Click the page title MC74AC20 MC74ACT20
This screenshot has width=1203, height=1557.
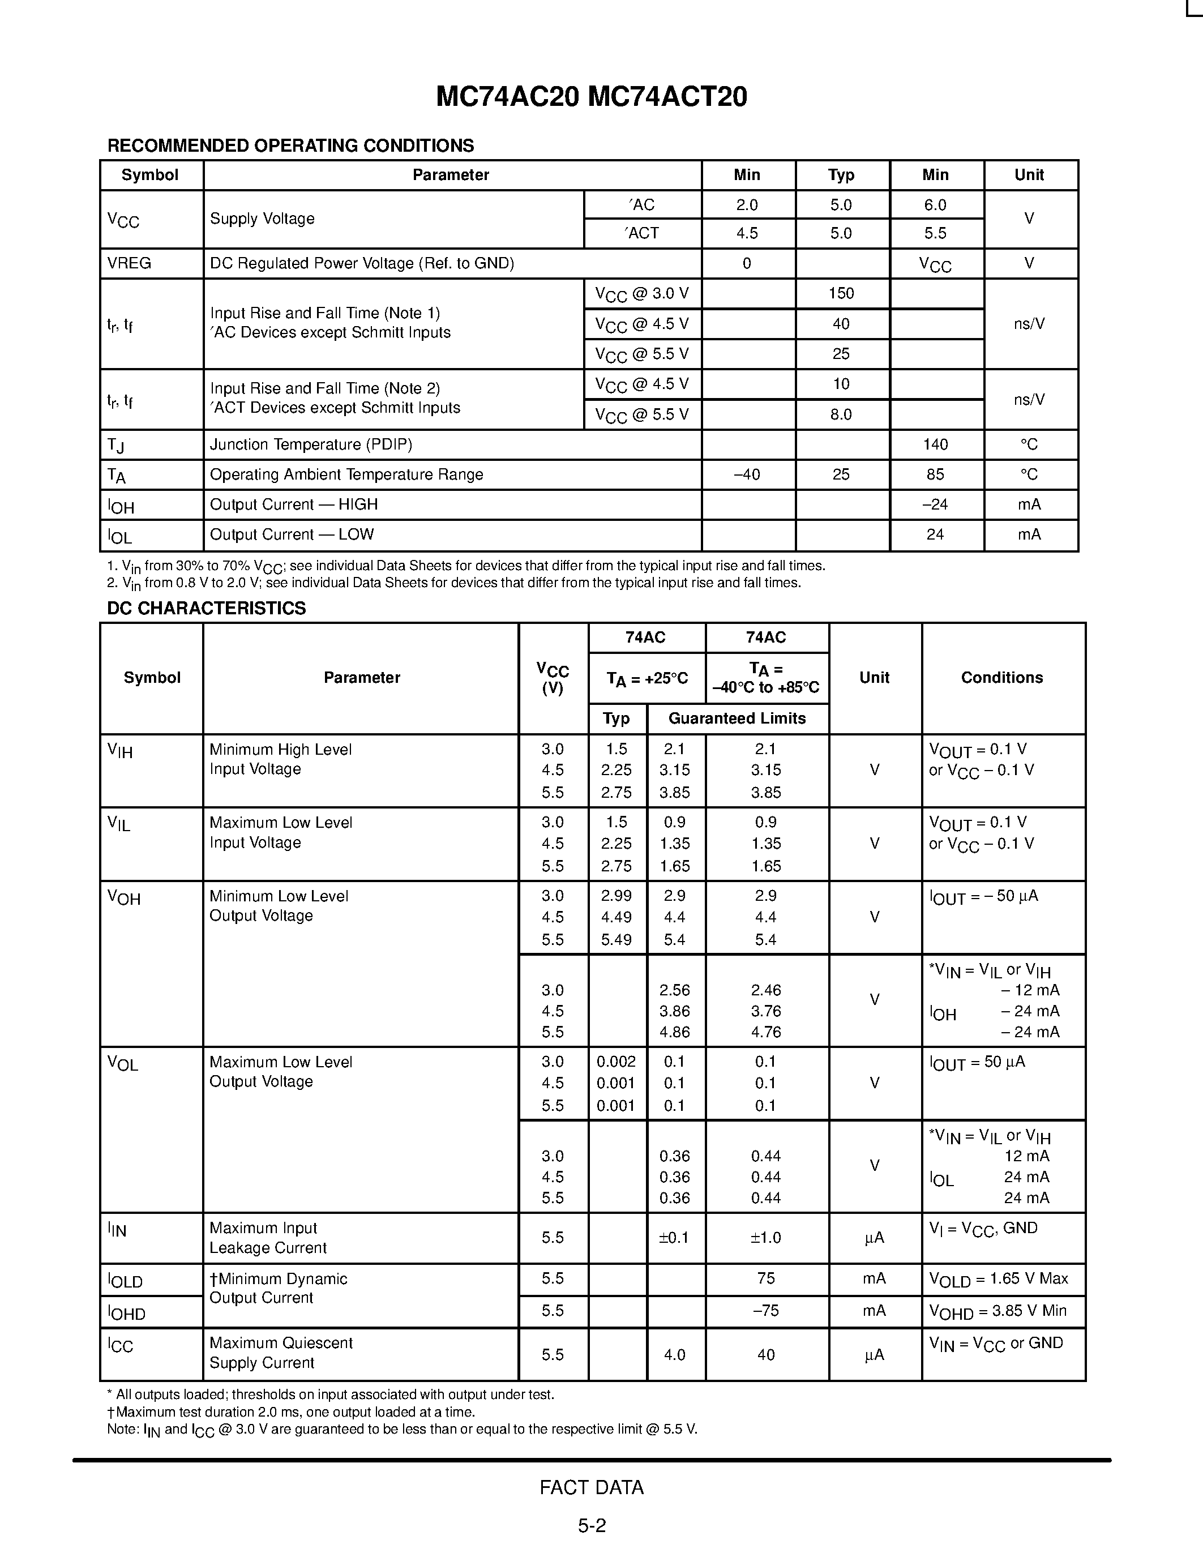click(x=591, y=97)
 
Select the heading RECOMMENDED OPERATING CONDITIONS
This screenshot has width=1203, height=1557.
click(x=290, y=146)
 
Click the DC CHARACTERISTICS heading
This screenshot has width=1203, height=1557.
click(x=206, y=608)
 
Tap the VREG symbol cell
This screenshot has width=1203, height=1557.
click(x=129, y=263)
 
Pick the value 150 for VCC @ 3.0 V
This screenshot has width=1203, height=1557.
click(x=841, y=293)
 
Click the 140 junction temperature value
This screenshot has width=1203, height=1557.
click(x=935, y=444)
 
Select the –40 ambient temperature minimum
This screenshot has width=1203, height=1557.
click(x=746, y=474)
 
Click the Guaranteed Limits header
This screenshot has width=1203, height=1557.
click(x=737, y=718)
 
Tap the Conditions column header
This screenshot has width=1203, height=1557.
click(x=1001, y=677)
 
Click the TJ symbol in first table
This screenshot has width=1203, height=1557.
click(x=115, y=446)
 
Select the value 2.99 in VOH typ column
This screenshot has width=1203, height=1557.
click(x=616, y=896)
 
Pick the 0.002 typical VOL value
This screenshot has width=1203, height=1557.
click(x=616, y=1062)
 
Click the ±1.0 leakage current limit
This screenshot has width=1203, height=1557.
click(x=765, y=1238)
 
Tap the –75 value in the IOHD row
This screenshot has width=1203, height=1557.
click(x=765, y=1310)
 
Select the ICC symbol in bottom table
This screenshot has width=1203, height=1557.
click(x=121, y=1345)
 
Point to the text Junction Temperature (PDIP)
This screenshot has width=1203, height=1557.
click(x=311, y=444)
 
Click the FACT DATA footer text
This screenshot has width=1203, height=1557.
click(x=591, y=1487)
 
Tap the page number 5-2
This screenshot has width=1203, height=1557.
click(x=592, y=1526)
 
